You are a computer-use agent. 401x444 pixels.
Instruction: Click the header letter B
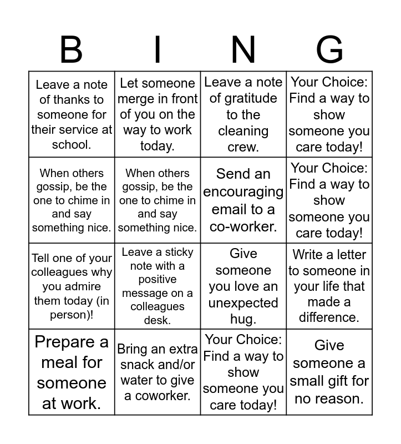(71, 49)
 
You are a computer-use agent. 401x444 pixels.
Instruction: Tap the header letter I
(158, 49)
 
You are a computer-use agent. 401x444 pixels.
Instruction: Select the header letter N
(243, 49)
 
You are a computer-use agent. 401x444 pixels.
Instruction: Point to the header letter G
(329, 49)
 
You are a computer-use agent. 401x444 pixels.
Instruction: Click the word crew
(243, 147)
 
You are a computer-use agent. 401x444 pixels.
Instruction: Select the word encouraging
(243, 191)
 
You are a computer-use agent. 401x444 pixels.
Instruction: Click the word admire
(85, 286)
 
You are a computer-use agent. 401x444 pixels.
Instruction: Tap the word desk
(158, 320)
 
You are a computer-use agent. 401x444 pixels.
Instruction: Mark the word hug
(243, 319)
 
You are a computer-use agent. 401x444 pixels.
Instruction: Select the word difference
(329, 317)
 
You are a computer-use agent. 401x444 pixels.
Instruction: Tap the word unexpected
(243, 303)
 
